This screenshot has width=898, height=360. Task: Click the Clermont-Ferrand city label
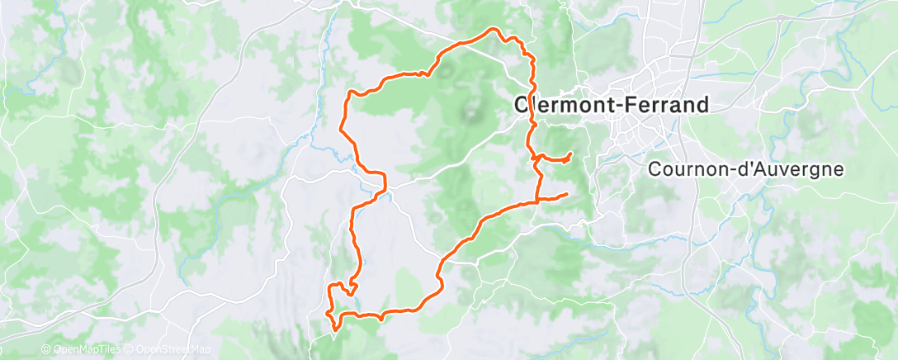point(612,105)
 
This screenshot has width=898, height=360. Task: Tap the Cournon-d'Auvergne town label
point(746,169)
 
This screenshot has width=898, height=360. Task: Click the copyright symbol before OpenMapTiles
point(46,350)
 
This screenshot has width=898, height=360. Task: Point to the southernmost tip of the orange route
point(334,329)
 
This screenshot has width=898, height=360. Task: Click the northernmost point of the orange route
point(495,29)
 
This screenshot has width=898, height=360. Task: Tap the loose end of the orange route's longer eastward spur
point(567,194)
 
